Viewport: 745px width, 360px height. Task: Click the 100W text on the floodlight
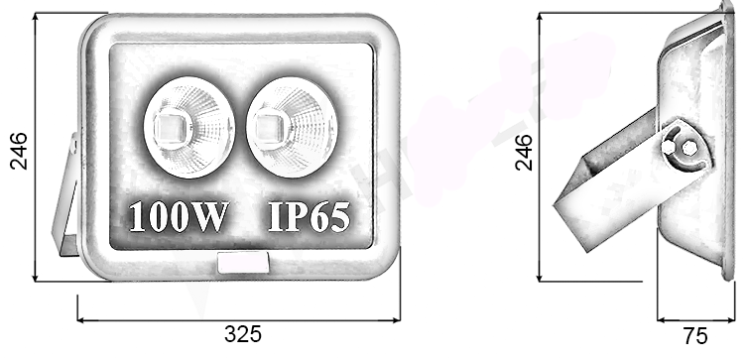pyautogui.click(x=179, y=216)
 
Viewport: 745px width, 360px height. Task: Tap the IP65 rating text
pyautogui.click(x=309, y=216)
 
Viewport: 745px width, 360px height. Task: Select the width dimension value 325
pyautogui.click(x=242, y=334)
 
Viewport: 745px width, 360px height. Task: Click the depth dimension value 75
pyautogui.click(x=696, y=334)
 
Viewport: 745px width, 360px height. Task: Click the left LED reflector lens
pyautogui.click(x=188, y=127)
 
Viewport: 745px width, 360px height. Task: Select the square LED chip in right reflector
pyautogui.click(x=267, y=127)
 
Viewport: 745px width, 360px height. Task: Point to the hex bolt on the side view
pyautogui.click(x=683, y=149)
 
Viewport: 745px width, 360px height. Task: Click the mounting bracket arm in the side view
pyautogui.click(x=605, y=183)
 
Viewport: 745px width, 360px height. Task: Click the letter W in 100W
pyautogui.click(x=211, y=216)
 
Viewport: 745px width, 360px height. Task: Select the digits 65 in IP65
pyautogui.click(x=329, y=216)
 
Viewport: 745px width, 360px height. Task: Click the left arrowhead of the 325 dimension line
pyautogui.click(x=81, y=320)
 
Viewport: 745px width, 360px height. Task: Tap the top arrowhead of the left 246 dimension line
pyautogui.click(x=36, y=17)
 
